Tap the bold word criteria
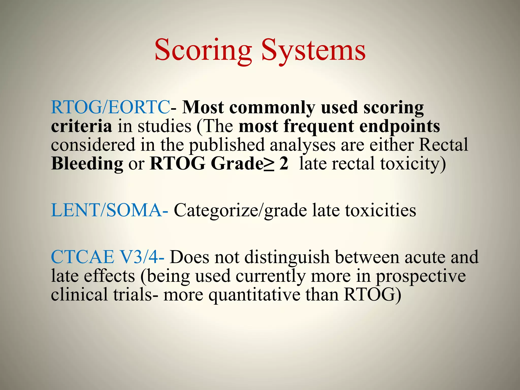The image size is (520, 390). point(81,126)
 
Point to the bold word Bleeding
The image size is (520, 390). point(87,164)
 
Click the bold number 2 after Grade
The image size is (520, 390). point(284,164)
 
